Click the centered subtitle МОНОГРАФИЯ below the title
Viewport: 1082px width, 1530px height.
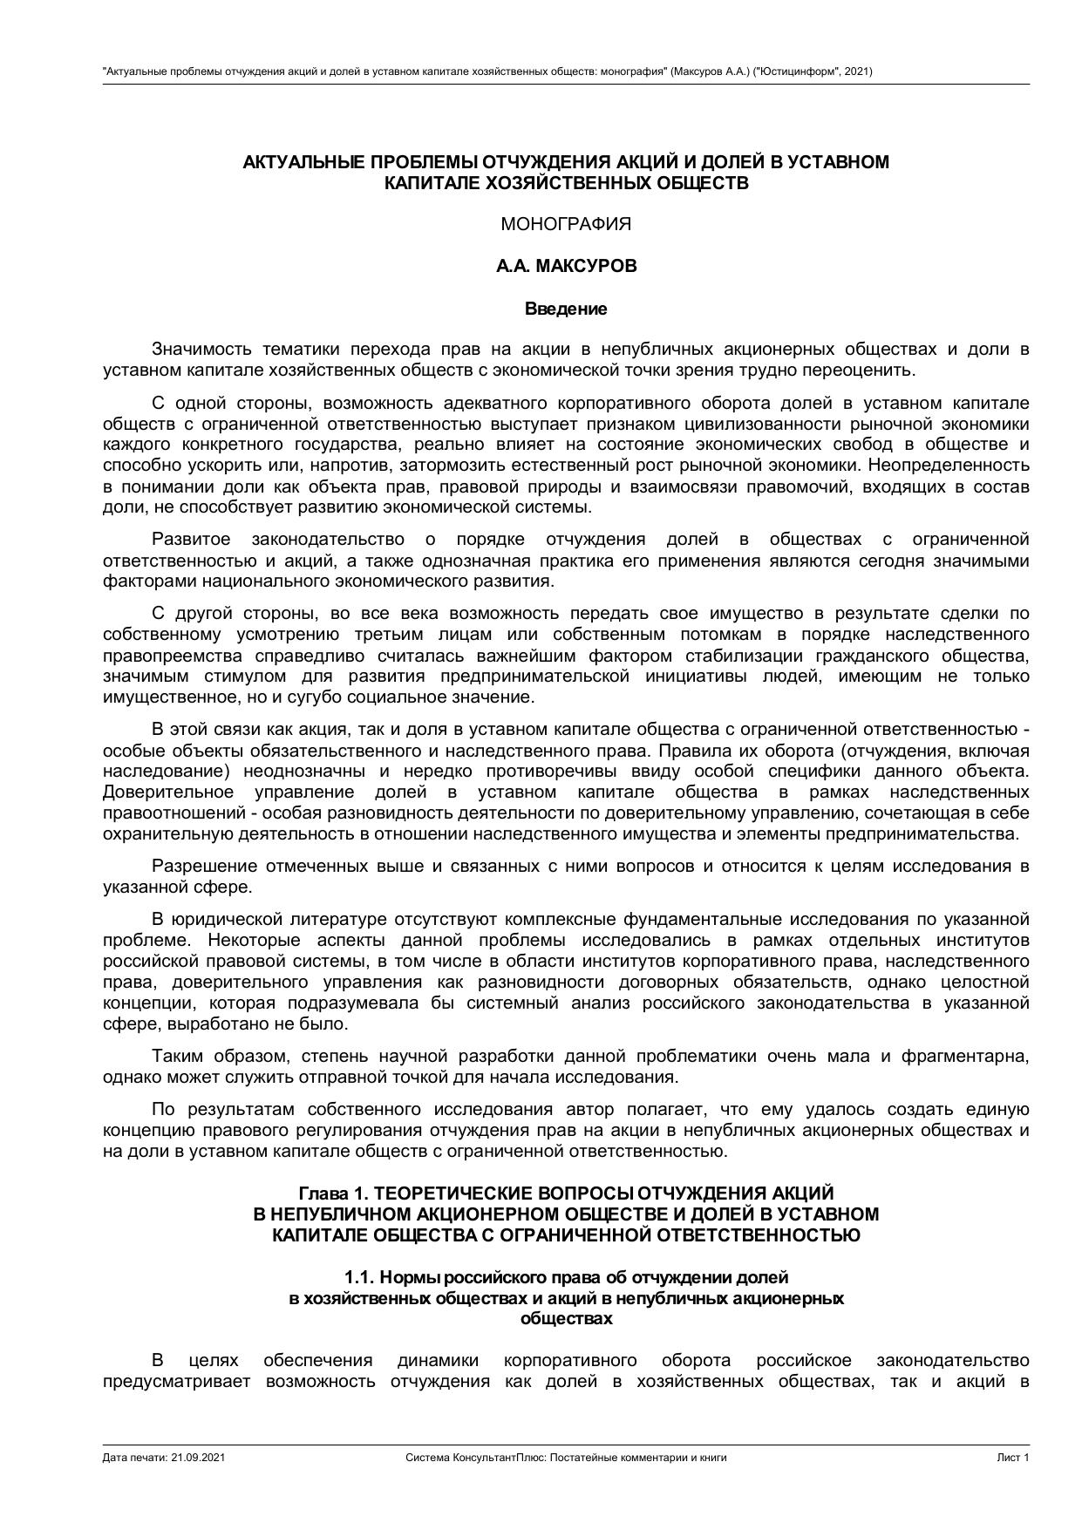pos(566,224)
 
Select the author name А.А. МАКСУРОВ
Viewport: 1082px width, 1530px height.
pos(566,267)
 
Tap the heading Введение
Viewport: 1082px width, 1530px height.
pos(566,309)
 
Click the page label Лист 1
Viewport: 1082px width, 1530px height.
pos(1013,1457)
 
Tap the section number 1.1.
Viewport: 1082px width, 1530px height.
pos(359,1277)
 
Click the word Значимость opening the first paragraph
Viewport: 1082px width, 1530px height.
pos(202,350)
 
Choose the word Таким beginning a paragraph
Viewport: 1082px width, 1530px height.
pos(177,1057)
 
